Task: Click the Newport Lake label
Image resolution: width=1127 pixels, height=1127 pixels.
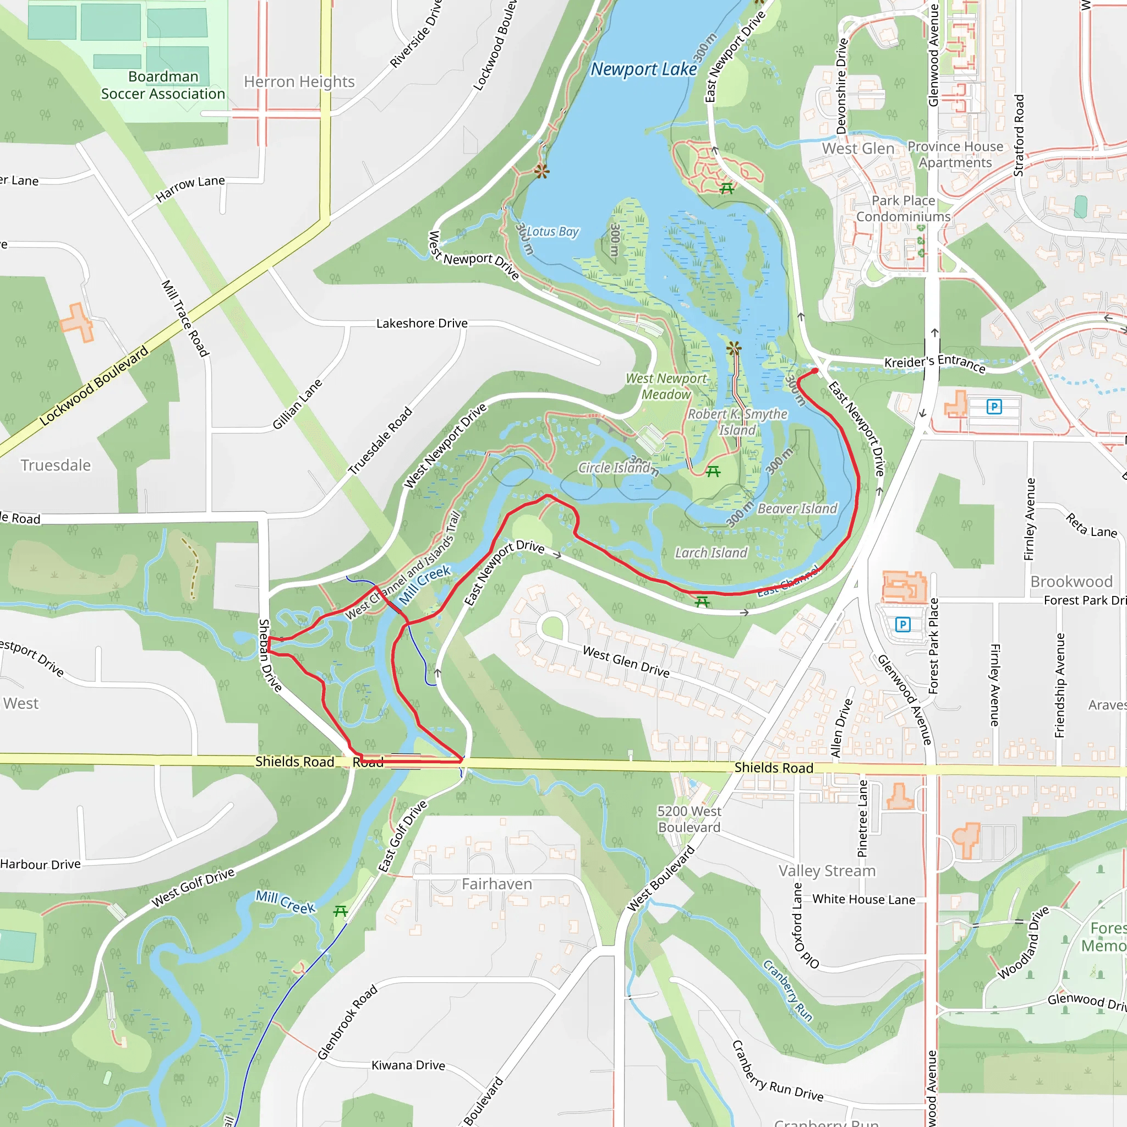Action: tap(643, 69)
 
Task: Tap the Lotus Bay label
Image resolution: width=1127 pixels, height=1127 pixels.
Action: tap(552, 232)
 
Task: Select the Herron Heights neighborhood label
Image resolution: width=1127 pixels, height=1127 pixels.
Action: tap(299, 81)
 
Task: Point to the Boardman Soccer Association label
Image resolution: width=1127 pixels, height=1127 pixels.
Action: tap(163, 85)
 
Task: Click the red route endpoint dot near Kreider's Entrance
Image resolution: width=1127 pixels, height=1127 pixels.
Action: tap(815, 370)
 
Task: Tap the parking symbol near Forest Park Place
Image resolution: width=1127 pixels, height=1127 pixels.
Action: tap(902, 625)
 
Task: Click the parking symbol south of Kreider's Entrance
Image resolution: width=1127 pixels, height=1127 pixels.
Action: tap(994, 407)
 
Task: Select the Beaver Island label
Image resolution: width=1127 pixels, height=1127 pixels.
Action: tap(797, 508)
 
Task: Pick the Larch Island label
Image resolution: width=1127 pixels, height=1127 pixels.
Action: tap(710, 553)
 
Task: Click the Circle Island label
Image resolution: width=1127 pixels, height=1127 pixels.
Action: tap(614, 468)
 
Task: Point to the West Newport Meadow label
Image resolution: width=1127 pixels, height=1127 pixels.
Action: tap(666, 386)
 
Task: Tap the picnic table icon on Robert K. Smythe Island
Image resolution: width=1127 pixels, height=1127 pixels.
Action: tap(713, 472)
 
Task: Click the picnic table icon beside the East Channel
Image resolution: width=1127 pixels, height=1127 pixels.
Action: tap(702, 601)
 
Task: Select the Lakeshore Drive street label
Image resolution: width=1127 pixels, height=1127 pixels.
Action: tap(421, 323)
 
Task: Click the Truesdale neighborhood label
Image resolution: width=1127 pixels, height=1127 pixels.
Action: tap(56, 465)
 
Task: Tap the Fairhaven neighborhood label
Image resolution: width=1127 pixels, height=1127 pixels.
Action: tap(496, 884)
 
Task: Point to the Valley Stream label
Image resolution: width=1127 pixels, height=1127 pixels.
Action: tap(827, 871)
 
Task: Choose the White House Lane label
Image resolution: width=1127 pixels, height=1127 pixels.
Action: tap(863, 900)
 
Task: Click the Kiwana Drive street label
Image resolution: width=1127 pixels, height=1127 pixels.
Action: tap(408, 1065)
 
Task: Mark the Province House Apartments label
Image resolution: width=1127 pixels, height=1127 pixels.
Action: tap(955, 155)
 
